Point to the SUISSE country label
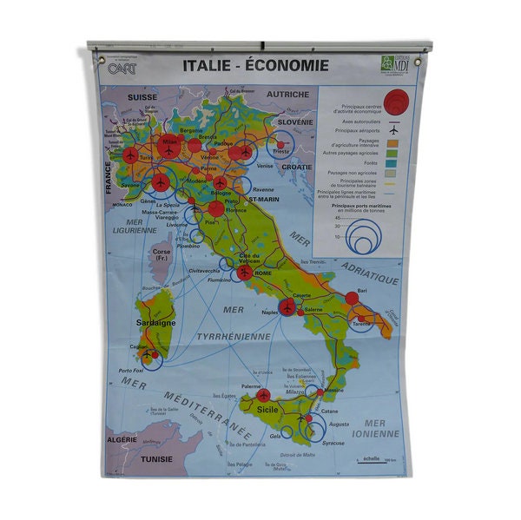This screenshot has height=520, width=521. (x=142, y=97)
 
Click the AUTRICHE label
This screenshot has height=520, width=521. (x=287, y=94)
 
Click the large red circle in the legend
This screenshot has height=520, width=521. (x=395, y=105)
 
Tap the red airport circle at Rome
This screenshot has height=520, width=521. (x=245, y=272)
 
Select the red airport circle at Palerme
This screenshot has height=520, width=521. (x=263, y=395)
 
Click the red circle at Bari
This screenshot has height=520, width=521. (x=352, y=298)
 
